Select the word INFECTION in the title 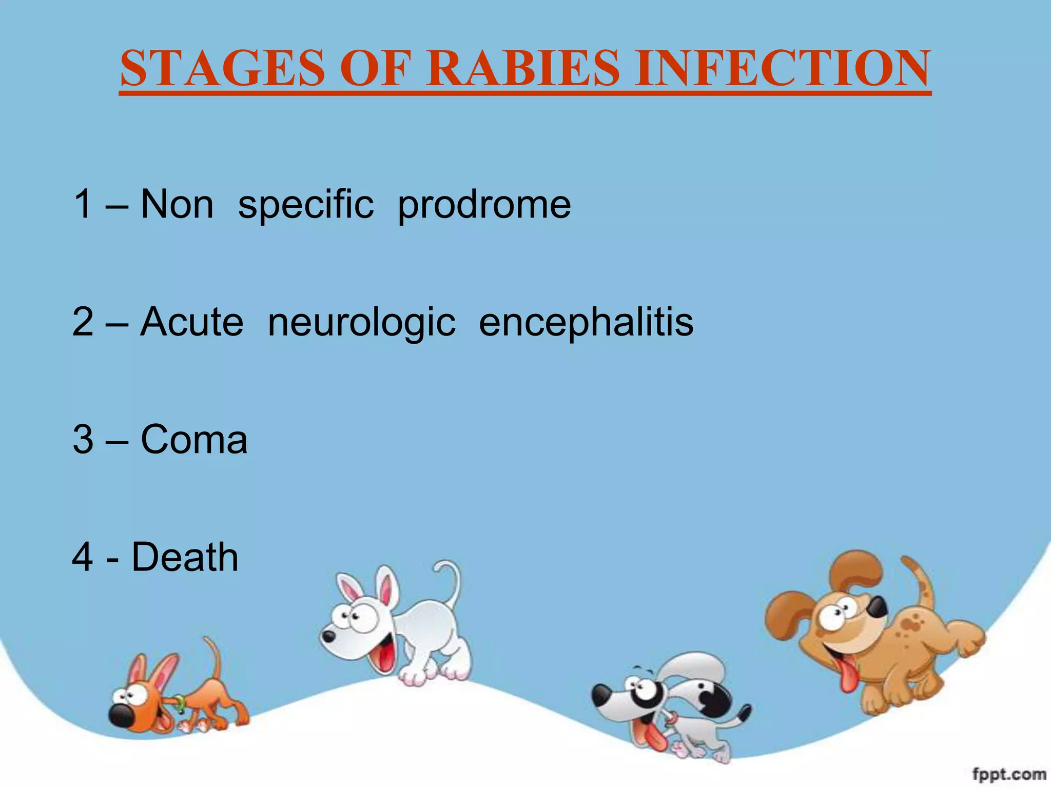click(x=782, y=68)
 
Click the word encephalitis click(x=586, y=323)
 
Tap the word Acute click(x=192, y=322)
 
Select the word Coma click(x=194, y=440)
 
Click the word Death click(x=185, y=557)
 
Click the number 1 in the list click(x=83, y=204)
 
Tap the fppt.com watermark click(x=1009, y=774)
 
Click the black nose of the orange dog click(x=122, y=715)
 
